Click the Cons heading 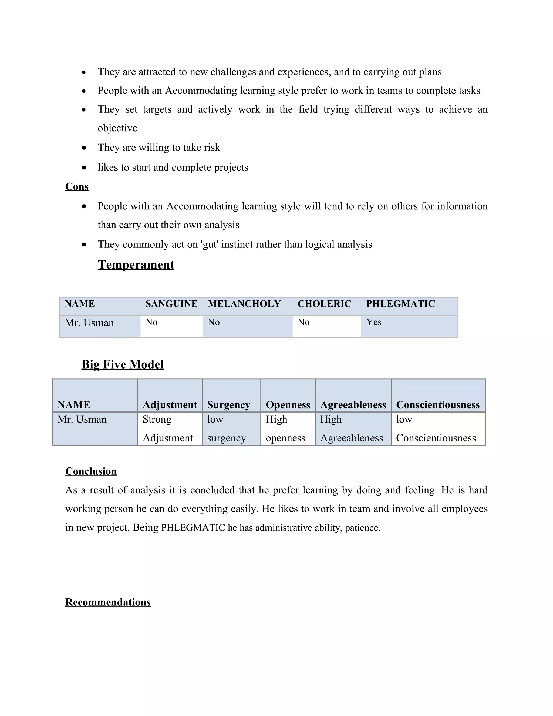click(77, 186)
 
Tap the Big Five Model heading click(122, 364)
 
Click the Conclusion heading click(91, 471)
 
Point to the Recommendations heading click(108, 602)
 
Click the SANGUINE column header click(171, 304)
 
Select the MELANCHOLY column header click(244, 304)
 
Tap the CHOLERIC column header click(324, 304)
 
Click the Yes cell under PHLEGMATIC click(374, 322)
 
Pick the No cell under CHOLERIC click(303, 322)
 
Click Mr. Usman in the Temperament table click(89, 323)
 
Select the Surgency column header click(228, 405)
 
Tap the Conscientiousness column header click(438, 405)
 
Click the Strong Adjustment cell click(167, 429)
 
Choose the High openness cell click(285, 429)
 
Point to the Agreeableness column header click(353, 405)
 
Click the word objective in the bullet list click(117, 128)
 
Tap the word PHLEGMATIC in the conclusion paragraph click(193, 528)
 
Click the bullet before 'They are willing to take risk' click(84, 148)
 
